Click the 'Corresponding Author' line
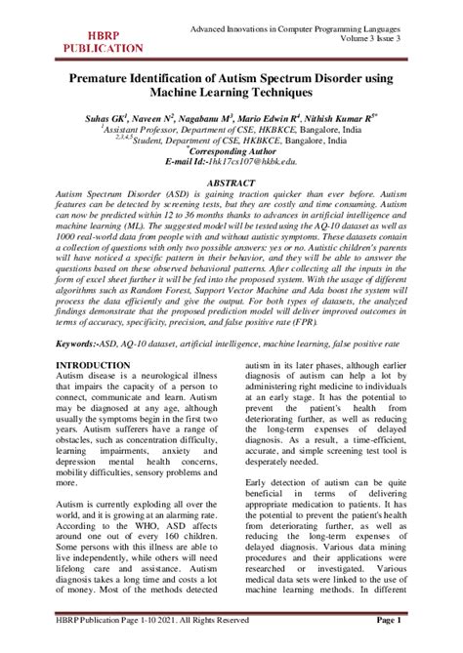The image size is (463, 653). (231, 150)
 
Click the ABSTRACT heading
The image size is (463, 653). (231, 182)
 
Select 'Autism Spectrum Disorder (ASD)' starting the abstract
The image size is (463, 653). (119, 194)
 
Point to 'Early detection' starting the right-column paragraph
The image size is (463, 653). (278, 483)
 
